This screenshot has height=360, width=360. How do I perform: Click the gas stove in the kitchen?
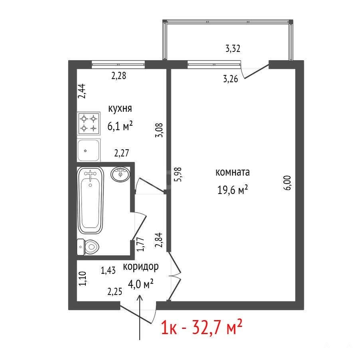89,123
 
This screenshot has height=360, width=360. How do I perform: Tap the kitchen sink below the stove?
89,150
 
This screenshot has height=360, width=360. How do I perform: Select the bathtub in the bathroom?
91,200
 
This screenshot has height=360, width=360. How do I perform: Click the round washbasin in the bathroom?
120,174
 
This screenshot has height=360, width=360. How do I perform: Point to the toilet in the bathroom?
88,247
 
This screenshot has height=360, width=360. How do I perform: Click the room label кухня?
120,109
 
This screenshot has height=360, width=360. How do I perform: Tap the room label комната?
232,172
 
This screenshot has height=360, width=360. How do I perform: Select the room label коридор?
141,267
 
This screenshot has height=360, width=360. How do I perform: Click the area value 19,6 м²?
232,190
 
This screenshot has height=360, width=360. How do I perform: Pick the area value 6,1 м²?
120,126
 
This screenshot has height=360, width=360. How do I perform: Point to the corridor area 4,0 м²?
140,285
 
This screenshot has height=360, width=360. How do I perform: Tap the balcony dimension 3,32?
233,49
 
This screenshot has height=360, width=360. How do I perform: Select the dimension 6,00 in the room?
287,183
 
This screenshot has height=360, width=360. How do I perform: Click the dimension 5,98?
178,174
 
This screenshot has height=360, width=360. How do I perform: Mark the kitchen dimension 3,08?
159,130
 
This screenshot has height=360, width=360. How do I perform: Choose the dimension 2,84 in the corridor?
159,240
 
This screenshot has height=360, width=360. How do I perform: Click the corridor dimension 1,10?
83,279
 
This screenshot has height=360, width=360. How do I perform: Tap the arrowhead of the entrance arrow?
140,296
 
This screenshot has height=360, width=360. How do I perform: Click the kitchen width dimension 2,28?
119,75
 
